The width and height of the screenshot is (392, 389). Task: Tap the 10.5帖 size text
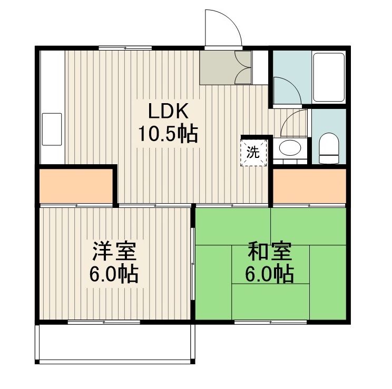(x=168, y=135)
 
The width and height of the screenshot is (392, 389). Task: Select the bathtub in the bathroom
(x=329, y=77)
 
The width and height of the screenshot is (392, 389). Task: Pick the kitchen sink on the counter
(x=51, y=128)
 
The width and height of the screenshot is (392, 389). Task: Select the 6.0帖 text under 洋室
(x=114, y=274)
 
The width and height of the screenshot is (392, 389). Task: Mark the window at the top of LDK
(x=125, y=48)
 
